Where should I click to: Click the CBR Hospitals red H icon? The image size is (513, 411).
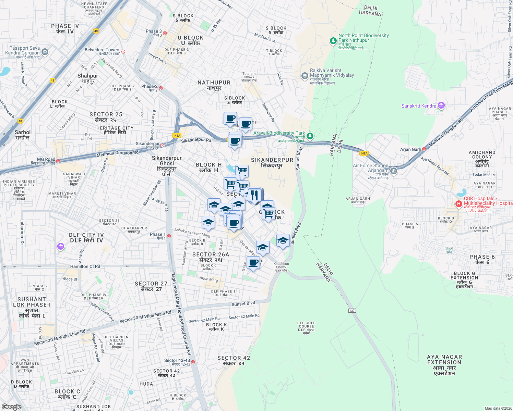458,204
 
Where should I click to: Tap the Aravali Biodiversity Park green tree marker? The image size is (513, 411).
310,136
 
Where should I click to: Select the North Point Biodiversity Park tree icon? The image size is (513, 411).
333,41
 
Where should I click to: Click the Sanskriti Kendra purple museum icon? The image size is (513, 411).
441,106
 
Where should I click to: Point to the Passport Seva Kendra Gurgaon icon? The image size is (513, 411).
45,52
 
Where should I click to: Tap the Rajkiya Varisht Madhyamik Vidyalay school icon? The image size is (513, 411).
305,76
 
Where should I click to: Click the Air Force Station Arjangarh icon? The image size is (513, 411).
394,171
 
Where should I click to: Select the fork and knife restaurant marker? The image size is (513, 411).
254,195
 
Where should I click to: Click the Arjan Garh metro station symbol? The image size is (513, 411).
424,149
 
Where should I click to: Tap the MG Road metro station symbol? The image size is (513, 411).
58,161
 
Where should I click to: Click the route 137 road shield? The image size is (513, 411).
352,311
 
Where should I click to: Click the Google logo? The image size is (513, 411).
12,407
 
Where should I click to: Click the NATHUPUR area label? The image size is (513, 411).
214,85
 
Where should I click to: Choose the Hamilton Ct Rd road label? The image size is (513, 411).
85,266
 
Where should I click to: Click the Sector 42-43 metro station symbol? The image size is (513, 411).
193,362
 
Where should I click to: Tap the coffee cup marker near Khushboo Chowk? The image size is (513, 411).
253,263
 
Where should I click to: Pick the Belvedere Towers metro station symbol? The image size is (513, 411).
123,52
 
